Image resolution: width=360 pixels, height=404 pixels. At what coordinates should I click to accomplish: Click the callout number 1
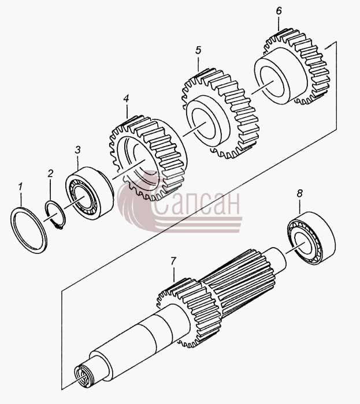[20, 187]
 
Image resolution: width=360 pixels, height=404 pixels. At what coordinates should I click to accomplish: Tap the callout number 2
[50, 173]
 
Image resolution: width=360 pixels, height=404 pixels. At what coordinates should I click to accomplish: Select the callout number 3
[77, 150]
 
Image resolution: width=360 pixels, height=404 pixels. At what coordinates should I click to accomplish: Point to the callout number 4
[126, 99]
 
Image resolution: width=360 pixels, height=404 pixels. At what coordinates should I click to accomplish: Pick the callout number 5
[198, 50]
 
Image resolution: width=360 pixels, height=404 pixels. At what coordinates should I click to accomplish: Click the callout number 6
[279, 11]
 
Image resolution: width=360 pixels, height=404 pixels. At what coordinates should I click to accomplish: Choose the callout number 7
[173, 261]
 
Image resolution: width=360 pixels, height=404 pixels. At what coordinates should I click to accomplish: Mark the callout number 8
[299, 193]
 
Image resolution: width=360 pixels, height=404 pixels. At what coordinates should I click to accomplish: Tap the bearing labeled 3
[89, 193]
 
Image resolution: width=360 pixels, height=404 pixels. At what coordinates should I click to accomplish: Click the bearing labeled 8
[311, 238]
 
